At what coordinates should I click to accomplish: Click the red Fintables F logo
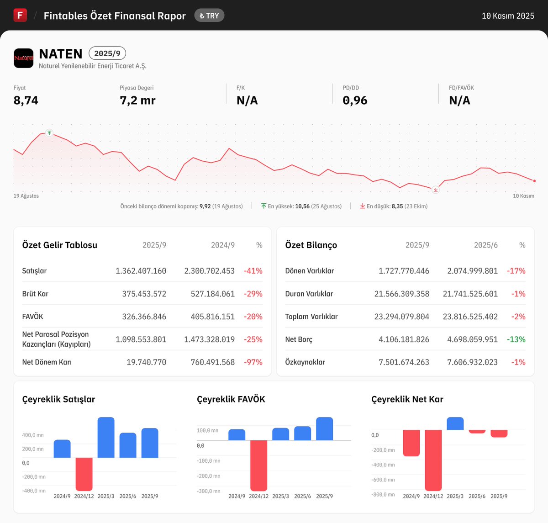click(20, 15)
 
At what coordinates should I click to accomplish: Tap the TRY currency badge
click(209, 16)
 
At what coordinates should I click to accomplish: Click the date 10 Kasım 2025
click(508, 16)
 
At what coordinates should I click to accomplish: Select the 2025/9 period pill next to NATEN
click(107, 53)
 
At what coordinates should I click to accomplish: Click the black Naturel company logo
click(23, 58)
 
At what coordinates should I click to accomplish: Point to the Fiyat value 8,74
click(26, 100)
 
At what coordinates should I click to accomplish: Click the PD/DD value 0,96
click(355, 100)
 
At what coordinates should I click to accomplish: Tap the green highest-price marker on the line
click(49, 133)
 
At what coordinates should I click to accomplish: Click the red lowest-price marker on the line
click(436, 190)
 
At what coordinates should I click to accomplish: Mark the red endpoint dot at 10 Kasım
click(534, 181)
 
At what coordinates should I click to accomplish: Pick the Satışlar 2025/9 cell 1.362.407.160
click(141, 271)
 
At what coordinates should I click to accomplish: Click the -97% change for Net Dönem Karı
click(253, 362)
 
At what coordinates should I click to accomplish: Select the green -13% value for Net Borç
click(516, 339)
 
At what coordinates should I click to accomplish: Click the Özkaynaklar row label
click(305, 362)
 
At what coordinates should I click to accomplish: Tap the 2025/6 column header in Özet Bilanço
click(485, 245)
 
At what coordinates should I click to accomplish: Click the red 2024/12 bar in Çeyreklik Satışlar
click(84, 474)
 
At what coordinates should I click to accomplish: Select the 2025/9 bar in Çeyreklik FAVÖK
click(324, 429)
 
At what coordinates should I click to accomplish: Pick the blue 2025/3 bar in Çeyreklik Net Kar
click(455, 423)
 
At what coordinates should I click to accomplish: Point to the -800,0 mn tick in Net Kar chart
click(383, 495)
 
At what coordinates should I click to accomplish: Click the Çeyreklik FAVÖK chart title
click(231, 399)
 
